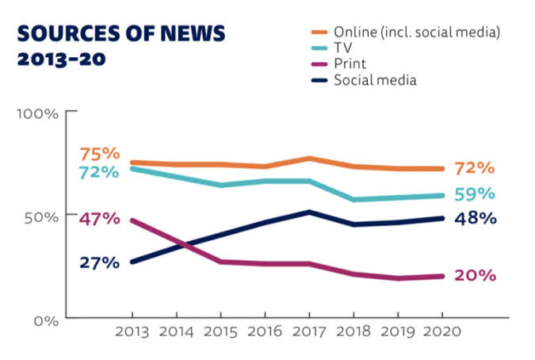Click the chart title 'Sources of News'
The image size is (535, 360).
121,33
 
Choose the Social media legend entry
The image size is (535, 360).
375,79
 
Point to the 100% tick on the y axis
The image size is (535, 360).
38,113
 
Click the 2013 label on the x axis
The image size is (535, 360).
132,331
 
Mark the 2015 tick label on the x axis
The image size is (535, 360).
220,331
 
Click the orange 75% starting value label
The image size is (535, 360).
99,154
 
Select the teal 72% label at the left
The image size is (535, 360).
99,172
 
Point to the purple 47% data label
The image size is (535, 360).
99,218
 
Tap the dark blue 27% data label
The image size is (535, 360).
99,262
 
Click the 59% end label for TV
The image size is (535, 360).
475,194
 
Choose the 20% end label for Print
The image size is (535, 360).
475,276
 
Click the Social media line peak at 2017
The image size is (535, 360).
309,212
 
